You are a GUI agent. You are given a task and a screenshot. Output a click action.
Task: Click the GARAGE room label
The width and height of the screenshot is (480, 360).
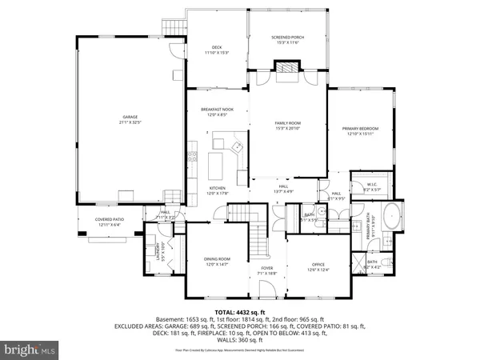(x=123, y=118)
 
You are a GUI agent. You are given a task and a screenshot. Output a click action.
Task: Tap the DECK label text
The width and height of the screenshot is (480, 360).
(x=216, y=47)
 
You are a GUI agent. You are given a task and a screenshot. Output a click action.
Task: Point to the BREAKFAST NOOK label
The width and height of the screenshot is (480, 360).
(x=216, y=110)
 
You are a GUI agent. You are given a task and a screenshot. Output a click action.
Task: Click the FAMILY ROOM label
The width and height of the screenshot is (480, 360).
(x=286, y=122)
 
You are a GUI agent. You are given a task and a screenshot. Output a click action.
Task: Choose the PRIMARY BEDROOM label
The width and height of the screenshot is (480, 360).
(x=360, y=129)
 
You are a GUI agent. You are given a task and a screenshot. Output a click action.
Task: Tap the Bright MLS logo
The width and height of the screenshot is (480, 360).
(x=30, y=349)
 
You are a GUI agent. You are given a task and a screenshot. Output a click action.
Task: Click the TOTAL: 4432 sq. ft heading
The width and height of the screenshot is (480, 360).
(x=239, y=312)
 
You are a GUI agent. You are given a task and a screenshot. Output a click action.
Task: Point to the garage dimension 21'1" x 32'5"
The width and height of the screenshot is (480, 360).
(x=123, y=122)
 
